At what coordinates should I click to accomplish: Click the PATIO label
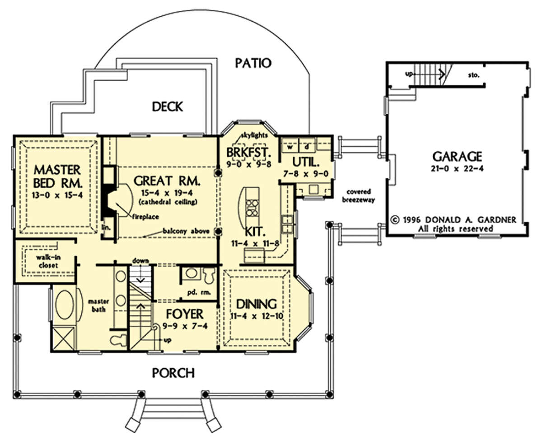click(x=253, y=63)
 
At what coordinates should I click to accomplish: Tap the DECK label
click(x=167, y=106)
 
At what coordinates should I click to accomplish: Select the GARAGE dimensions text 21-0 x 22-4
click(x=457, y=168)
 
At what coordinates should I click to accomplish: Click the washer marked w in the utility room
click(x=290, y=147)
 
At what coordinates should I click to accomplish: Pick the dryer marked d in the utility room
click(x=307, y=147)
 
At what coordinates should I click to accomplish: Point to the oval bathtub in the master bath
click(x=65, y=305)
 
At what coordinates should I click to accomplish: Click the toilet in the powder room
click(x=209, y=275)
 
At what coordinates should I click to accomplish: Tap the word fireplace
click(x=145, y=217)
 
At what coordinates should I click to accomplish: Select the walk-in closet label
click(x=48, y=261)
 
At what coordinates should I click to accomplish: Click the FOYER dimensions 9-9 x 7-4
click(x=185, y=326)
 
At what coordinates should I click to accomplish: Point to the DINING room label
click(x=256, y=304)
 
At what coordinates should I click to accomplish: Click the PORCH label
click(x=173, y=373)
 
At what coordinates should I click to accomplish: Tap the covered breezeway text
click(x=358, y=195)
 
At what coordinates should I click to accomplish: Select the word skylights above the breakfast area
click(x=254, y=135)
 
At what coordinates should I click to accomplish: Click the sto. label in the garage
click(x=474, y=75)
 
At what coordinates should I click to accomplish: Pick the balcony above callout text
click(x=186, y=231)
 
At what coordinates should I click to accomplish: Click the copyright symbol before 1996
click(x=395, y=220)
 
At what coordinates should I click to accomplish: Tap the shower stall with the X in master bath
click(x=63, y=338)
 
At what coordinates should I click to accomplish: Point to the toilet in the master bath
click(x=118, y=340)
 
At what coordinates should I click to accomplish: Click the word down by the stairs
click(x=140, y=261)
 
